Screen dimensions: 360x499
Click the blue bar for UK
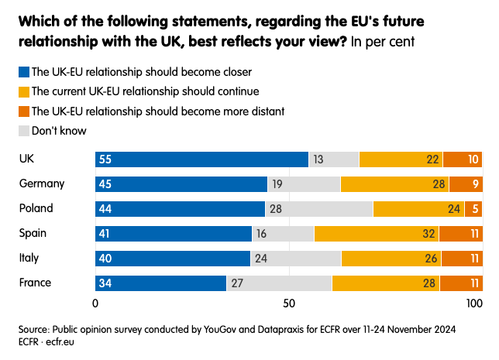point(201,159)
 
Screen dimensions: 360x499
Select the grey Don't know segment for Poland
point(318,209)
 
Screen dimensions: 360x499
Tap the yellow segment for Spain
point(376,234)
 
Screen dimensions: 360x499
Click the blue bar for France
point(160,283)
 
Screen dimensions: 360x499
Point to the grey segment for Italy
point(295,259)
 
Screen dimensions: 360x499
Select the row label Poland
point(36,209)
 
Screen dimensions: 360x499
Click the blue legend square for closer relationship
point(23,72)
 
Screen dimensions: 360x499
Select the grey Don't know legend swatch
point(23,131)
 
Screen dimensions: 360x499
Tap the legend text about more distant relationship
point(158,111)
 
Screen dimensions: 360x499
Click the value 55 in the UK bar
point(106,159)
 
